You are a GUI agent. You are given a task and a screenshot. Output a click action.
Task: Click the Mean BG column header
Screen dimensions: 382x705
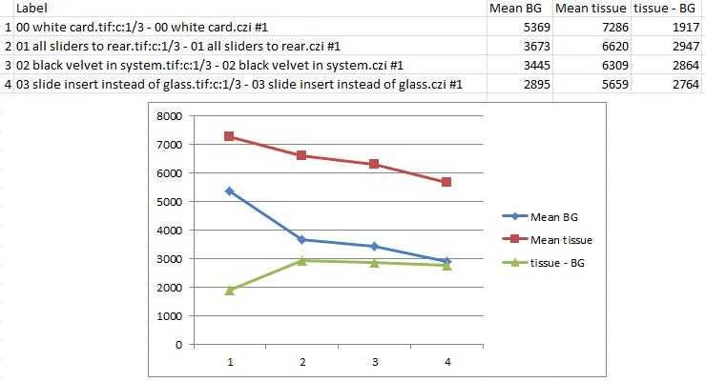pos(516,8)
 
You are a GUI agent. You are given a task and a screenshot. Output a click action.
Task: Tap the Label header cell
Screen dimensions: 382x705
pos(32,8)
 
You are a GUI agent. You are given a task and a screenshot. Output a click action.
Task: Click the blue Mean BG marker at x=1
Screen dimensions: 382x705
pos(230,191)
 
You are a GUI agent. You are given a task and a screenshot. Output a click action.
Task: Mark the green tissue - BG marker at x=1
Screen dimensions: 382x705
pos(230,290)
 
